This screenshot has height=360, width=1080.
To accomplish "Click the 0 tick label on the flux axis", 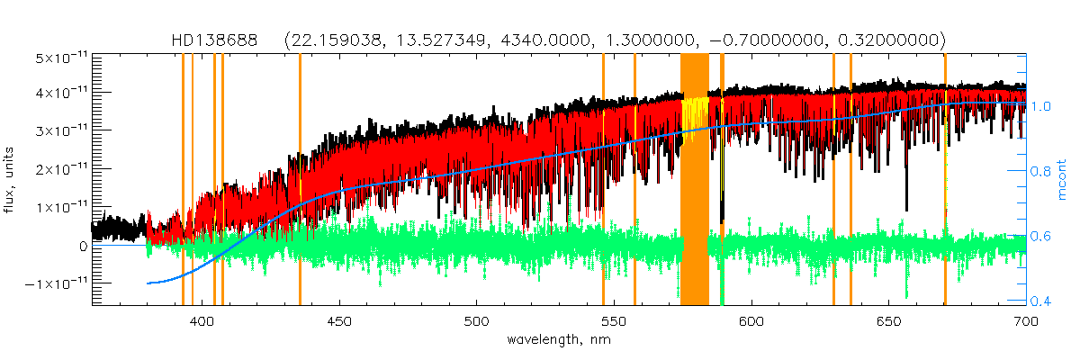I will click(x=83, y=245).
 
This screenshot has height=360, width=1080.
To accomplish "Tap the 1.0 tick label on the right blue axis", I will click(x=1041, y=105).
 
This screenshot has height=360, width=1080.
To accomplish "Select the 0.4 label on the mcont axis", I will click(x=1041, y=301).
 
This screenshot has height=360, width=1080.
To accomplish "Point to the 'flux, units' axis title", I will click(x=12, y=180).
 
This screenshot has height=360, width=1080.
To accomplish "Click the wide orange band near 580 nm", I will click(x=695, y=180).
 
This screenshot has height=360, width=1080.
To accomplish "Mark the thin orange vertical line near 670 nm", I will click(x=945, y=180).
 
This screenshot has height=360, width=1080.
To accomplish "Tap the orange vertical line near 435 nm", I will click(x=300, y=180).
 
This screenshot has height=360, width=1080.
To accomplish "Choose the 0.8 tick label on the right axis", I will click(x=1041, y=171).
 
